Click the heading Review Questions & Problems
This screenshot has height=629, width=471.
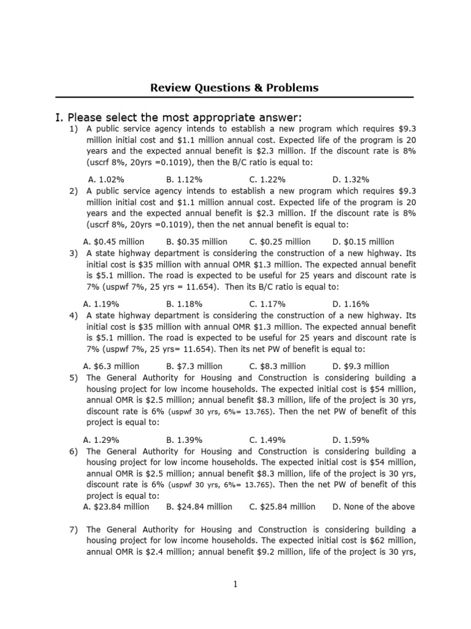click(x=234, y=88)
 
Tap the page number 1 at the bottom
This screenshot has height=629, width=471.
click(x=235, y=584)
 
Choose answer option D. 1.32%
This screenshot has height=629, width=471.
click(x=351, y=179)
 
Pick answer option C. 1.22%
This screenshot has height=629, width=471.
click(x=267, y=179)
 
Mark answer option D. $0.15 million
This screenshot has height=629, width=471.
click(x=363, y=241)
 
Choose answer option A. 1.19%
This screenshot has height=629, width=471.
click(x=101, y=303)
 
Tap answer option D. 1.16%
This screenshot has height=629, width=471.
click(x=351, y=303)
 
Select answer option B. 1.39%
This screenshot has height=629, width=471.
click(x=185, y=440)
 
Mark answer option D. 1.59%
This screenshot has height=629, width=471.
click(x=351, y=440)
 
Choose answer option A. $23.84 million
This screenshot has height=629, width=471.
click(x=116, y=507)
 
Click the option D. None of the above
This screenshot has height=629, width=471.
click(x=373, y=507)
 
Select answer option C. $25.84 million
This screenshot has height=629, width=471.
click(x=282, y=507)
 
